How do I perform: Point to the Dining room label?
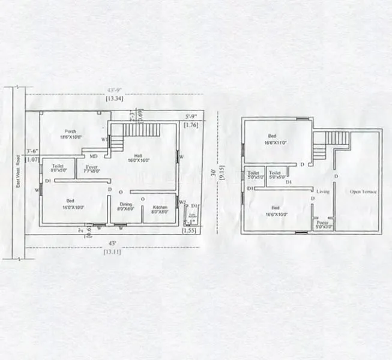(125, 208)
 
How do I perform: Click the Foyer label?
(92, 168)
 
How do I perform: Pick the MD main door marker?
(94, 155)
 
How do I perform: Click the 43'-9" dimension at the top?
(113, 91)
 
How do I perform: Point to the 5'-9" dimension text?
(190, 116)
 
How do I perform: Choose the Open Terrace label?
(363, 191)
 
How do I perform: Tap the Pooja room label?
(324, 224)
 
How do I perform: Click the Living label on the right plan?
(324, 191)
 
